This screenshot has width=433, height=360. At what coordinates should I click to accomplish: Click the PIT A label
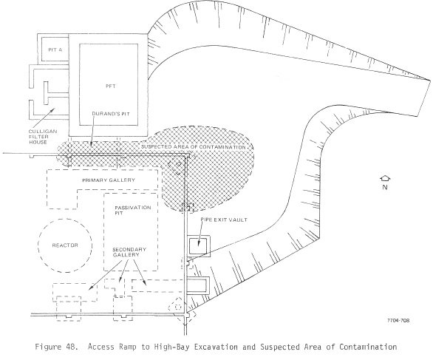coord(55,50)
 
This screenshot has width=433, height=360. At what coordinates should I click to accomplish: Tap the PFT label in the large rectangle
coord(111,86)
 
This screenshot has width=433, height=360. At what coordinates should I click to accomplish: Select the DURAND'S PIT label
coord(111,114)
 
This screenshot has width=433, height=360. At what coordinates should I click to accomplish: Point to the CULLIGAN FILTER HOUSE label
coord(43,137)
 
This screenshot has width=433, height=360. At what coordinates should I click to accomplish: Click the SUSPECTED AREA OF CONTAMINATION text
coord(194,147)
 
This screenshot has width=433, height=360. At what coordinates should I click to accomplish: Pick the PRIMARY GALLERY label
coord(109,180)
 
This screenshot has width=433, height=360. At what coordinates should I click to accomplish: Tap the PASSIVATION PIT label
coord(133,210)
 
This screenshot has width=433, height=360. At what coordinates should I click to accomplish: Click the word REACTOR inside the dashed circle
coord(65,245)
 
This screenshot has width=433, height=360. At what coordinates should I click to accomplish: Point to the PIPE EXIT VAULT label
coord(224,220)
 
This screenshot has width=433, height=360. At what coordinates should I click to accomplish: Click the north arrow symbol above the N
coord(385,179)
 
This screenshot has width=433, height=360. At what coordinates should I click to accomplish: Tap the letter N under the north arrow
coord(385,187)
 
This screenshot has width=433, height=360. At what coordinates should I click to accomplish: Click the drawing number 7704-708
coord(398,321)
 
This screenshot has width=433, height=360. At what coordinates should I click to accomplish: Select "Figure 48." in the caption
coord(56,347)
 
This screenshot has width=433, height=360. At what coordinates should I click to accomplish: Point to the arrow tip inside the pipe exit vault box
coord(198,245)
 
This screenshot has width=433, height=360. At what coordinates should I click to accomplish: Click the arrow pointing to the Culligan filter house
coord(45,118)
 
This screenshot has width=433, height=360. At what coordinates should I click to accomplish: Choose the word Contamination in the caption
coord(368,347)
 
